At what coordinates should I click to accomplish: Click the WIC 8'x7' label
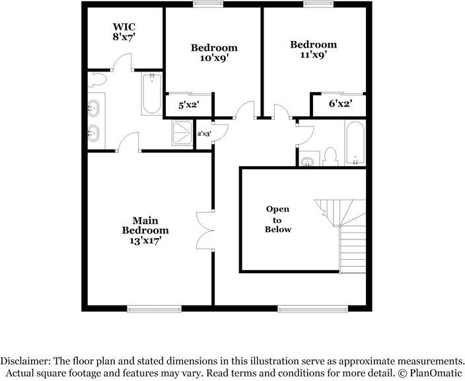tap(124, 32)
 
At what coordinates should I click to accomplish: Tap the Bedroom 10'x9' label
tap(214, 52)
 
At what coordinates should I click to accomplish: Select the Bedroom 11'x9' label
tap(314, 50)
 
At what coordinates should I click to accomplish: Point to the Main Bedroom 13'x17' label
tap(145, 230)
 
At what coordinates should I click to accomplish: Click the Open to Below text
tap(278, 219)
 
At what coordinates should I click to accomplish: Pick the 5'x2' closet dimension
tap(189, 105)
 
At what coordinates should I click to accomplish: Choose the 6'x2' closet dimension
tap(340, 104)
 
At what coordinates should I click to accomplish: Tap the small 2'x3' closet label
tap(204, 134)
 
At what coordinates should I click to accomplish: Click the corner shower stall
tap(182, 133)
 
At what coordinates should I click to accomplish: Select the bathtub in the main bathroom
tap(152, 93)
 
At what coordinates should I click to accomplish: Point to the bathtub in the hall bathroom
tap(355, 142)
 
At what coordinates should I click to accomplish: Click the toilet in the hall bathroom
tap(330, 157)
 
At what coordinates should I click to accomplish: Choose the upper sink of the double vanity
tap(94, 108)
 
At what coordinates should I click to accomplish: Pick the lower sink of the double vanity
tap(94, 133)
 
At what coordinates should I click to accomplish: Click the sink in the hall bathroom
tap(308, 161)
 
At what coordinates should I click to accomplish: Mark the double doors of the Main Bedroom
tap(205, 230)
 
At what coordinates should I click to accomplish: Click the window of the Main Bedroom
tap(154, 309)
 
